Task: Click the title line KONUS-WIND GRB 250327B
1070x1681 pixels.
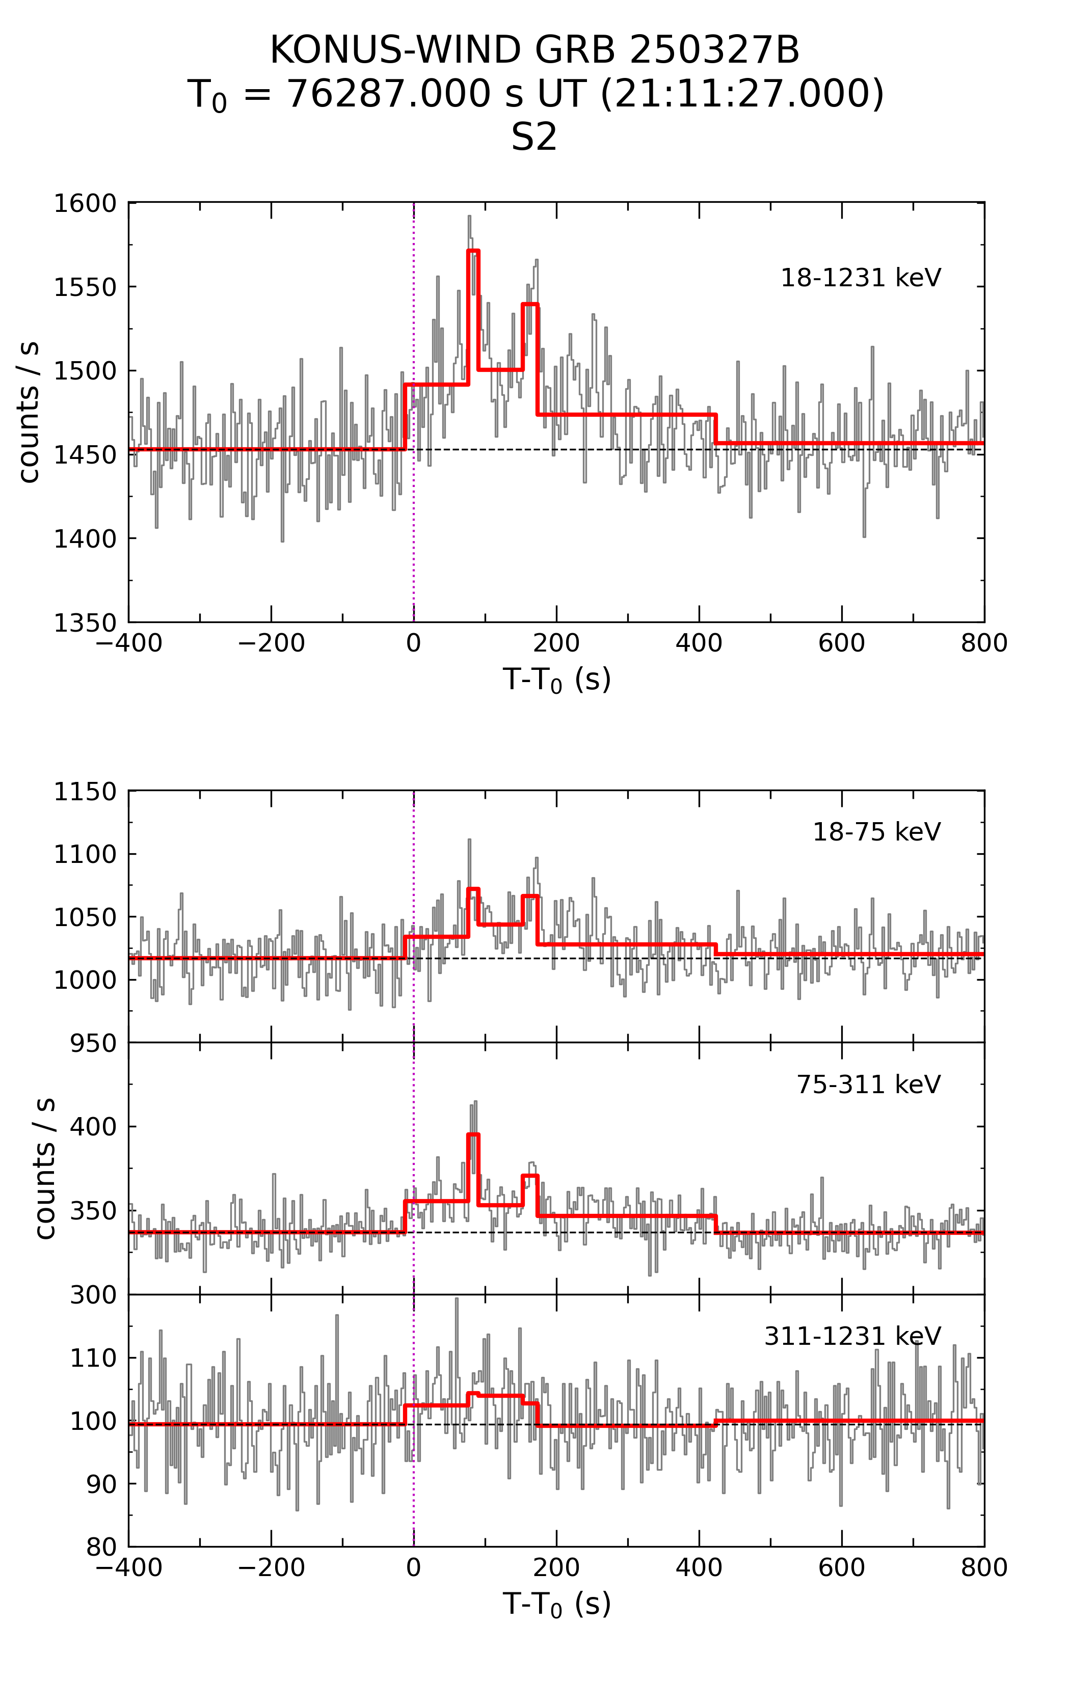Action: (x=534, y=50)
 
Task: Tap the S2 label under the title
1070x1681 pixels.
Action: (x=534, y=138)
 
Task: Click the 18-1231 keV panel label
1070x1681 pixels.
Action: (x=861, y=278)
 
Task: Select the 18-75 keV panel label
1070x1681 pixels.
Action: (x=876, y=832)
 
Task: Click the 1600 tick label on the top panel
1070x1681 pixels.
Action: (x=85, y=203)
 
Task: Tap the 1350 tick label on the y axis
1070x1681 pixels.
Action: (x=85, y=622)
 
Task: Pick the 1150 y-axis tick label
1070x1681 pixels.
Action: (x=85, y=792)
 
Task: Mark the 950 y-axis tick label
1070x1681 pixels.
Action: (x=93, y=1043)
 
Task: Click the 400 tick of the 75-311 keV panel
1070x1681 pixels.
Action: (x=93, y=1127)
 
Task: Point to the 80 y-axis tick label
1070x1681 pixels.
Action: (x=101, y=1547)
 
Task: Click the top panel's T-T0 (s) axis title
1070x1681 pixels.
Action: (x=556, y=679)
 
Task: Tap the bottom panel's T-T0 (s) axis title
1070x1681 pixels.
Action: (x=556, y=1604)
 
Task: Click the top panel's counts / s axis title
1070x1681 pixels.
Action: (x=30, y=413)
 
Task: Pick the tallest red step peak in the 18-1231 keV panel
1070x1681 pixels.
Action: (x=473, y=251)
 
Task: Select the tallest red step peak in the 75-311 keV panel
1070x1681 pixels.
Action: (x=473, y=1134)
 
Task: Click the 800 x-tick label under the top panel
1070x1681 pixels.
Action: (x=983, y=643)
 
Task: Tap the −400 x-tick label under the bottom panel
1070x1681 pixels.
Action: (x=129, y=1568)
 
